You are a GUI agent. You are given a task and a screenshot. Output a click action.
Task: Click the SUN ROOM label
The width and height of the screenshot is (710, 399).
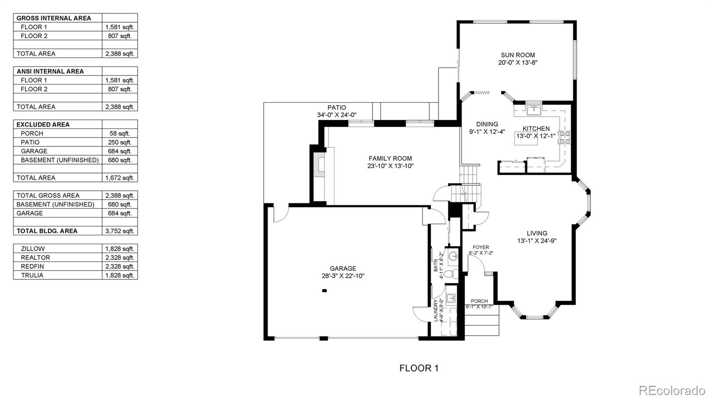coord(517,55)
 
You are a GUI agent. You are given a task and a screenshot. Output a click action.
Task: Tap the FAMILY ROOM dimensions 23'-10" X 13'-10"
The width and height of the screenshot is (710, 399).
coord(390,166)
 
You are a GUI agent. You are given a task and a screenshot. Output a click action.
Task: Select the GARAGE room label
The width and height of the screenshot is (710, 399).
coord(343,268)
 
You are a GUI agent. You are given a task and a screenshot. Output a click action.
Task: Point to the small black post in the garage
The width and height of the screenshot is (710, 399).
coord(324,291)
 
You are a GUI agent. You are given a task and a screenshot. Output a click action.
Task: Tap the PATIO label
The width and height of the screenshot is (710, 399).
coord(337,107)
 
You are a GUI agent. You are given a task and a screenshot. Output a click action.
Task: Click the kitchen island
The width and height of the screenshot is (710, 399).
coord(526,138)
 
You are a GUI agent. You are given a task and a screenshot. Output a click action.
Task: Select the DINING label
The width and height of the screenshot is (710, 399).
coord(487,124)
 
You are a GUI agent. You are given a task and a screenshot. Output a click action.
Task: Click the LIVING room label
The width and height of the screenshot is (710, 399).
coord(537,233)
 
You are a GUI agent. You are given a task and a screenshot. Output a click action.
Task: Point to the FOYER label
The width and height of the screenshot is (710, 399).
coord(481,247)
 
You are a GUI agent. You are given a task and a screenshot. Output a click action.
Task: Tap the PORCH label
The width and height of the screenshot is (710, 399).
coord(479,301)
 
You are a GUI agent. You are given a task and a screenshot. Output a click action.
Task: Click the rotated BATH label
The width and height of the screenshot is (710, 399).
coord(435,265)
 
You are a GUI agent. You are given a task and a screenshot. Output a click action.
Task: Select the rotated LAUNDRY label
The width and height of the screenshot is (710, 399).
coord(436,310)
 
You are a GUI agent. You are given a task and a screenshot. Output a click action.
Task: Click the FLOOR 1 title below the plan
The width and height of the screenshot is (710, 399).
coord(419,368)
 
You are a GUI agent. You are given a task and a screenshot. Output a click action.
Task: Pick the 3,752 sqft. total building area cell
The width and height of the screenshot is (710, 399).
coord(119,231)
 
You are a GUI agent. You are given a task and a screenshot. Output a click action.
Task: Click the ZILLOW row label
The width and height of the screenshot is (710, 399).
coord(33,249)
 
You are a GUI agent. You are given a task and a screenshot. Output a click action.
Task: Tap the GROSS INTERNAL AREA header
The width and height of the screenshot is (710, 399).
coord(54,18)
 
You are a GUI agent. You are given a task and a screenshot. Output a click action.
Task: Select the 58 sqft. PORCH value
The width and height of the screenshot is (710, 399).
coord(119,133)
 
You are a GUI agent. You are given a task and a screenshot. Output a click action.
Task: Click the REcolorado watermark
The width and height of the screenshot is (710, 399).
coord(672,391)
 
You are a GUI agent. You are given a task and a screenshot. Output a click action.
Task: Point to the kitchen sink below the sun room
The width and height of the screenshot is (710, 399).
coord(534,110)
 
